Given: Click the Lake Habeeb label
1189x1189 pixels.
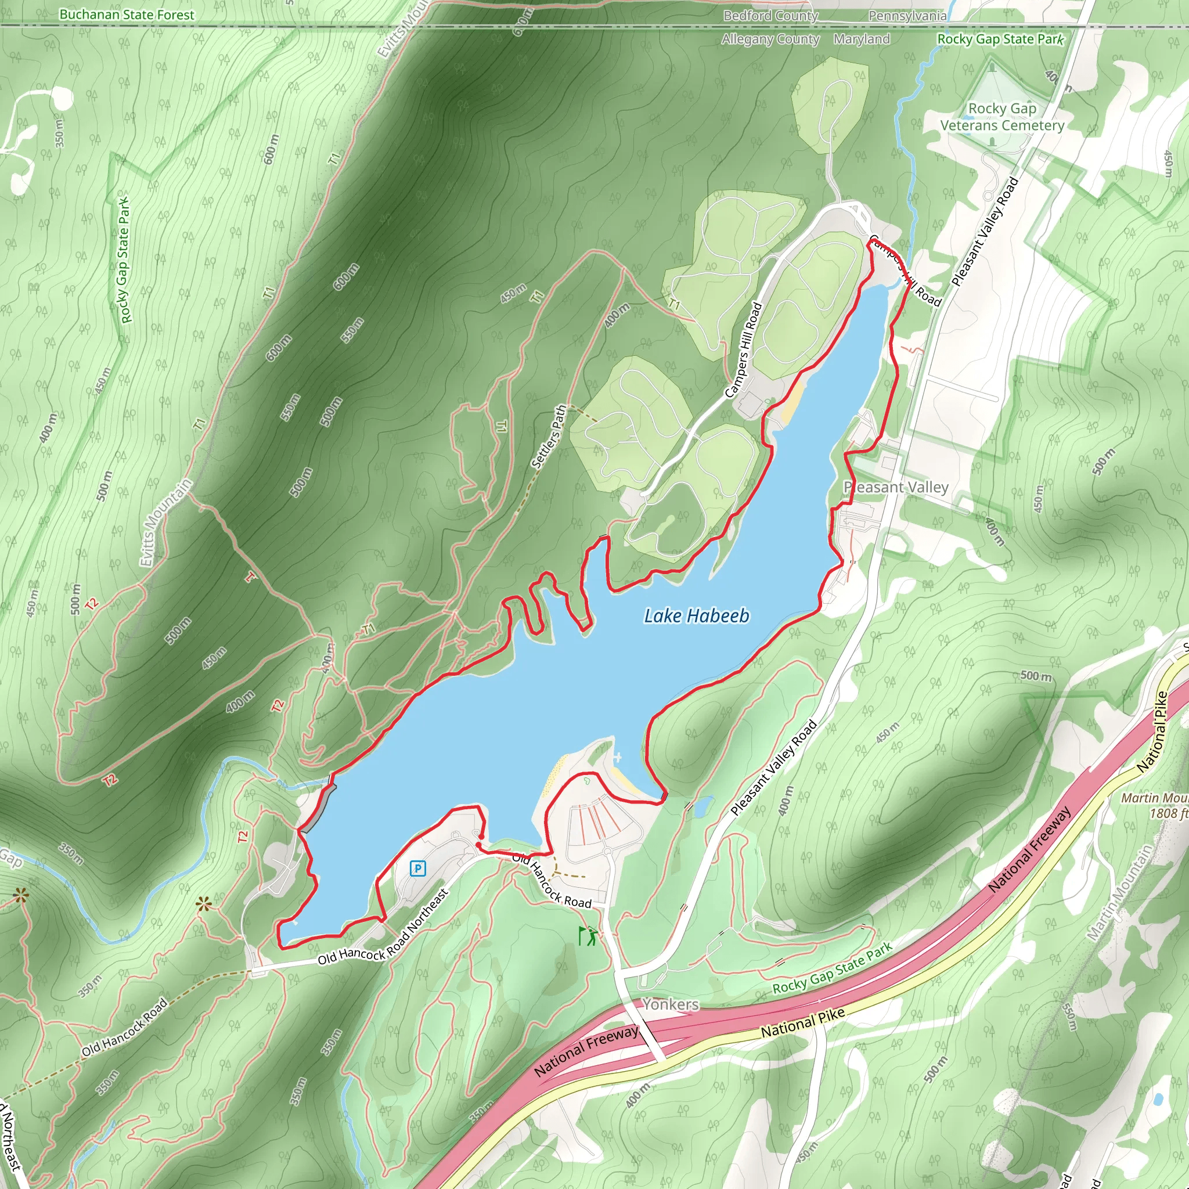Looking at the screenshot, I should tap(696, 616).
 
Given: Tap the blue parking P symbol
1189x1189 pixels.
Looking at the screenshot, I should tap(418, 869).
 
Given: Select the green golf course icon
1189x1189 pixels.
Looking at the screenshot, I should tap(588, 935).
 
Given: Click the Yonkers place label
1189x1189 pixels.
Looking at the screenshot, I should tap(671, 1004).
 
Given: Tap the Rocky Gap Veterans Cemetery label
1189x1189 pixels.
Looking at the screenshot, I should tap(1002, 117).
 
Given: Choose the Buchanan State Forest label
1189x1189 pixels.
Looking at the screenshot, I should tap(127, 15).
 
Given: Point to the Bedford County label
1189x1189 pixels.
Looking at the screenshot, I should tap(770, 16).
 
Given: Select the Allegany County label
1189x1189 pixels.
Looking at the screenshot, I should tap(770, 39).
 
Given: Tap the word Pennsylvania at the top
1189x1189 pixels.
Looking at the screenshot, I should tap(907, 16).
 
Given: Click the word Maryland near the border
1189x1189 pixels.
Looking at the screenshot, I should tap(862, 39).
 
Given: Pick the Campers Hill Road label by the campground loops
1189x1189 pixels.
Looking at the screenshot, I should tap(744, 350).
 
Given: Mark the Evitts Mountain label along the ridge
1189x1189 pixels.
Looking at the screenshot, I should tap(165, 523).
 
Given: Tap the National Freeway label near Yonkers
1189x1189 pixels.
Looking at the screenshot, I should tap(586, 1050).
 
